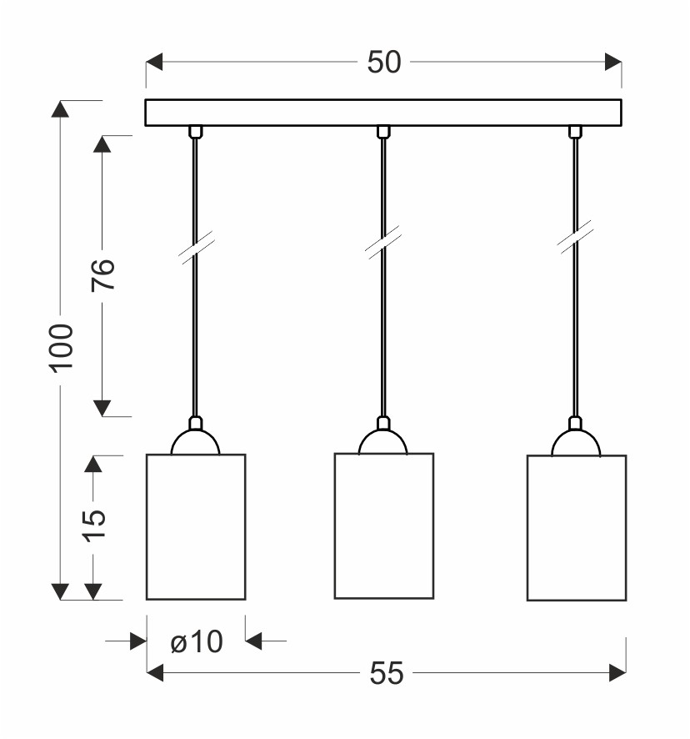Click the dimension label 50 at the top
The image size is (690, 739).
(384, 63)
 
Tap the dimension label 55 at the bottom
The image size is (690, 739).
(387, 672)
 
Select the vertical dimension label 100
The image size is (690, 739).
(62, 349)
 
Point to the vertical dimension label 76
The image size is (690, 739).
(103, 274)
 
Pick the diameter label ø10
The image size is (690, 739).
(197, 641)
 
